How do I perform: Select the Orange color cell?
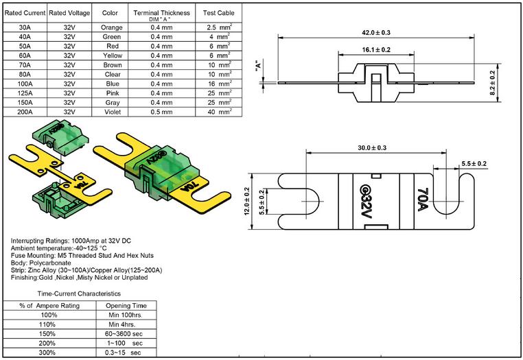click(112, 27)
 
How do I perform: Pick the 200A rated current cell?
click(25, 112)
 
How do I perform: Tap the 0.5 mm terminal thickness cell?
click(161, 112)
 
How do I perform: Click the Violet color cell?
click(113, 112)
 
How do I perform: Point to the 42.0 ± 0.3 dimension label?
click(376, 33)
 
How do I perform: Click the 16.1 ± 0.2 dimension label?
click(376, 50)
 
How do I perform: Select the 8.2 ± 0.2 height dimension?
click(492, 83)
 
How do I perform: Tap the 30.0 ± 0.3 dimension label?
click(372, 147)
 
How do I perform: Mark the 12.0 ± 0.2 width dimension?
click(247, 202)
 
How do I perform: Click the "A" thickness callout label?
click(257, 67)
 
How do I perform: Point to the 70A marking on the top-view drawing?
click(423, 200)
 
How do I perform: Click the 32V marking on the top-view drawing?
click(365, 202)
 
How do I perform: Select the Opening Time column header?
click(126, 306)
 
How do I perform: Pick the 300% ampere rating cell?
click(47, 352)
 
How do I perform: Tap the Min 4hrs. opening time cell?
click(121, 324)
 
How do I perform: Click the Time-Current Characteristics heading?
click(79, 293)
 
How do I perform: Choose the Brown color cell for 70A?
click(113, 65)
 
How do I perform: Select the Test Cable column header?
click(218, 13)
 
